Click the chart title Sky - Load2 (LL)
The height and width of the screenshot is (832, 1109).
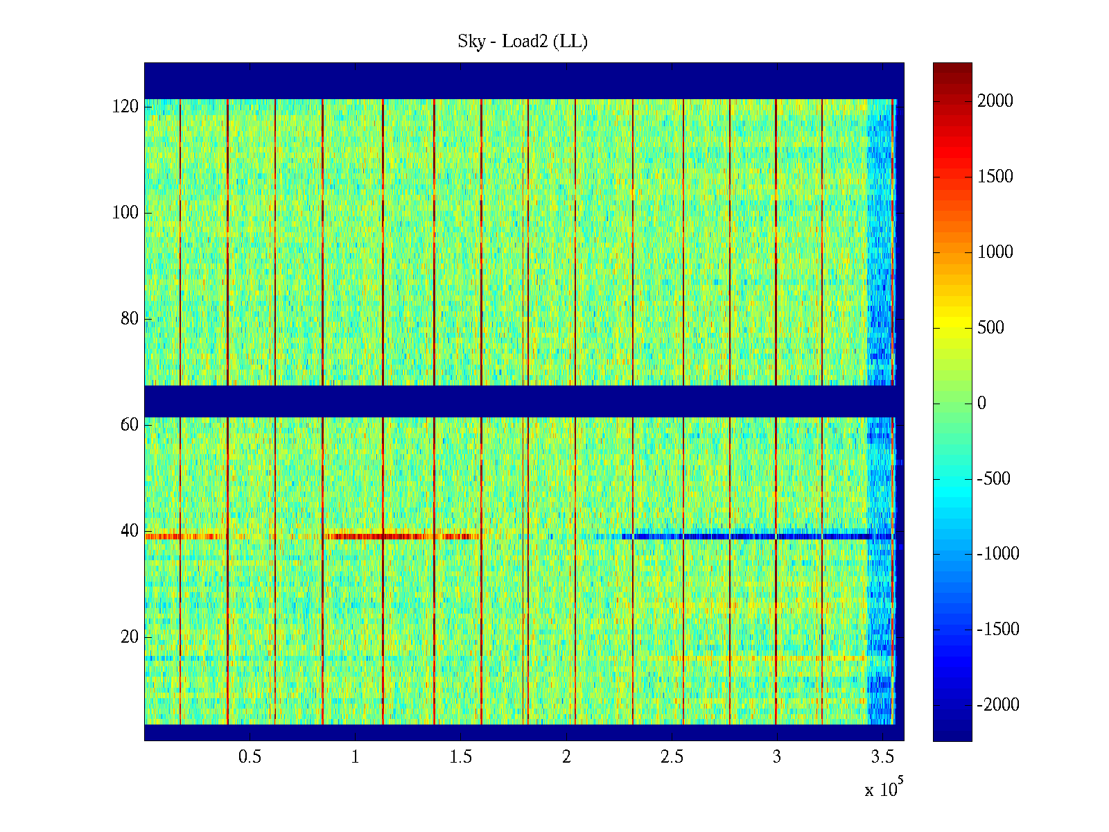pyautogui.click(x=523, y=42)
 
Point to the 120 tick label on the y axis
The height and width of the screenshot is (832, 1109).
pyautogui.click(x=125, y=107)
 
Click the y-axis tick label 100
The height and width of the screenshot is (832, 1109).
pyautogui.click(x=125, y=213)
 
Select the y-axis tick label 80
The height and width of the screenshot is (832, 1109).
pyautogui.click(x=130, y=319)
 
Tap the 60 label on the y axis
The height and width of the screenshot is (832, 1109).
pyautogui.click(x=130, y=425)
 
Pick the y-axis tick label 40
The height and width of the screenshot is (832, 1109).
pyautogui.click(x=130, y=531)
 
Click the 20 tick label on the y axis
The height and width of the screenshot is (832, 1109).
pyautogui.click(x=130, y=637)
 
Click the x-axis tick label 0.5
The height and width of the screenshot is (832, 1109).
pyautogui.click(x=250, y=757)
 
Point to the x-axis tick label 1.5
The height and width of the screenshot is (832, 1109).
pyautogui.click(x=461, y=757)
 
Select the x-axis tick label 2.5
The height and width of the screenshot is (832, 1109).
pyautogui.click(x=672, y=757)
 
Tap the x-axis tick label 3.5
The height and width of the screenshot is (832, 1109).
pyautogui.click(x=882, y=757)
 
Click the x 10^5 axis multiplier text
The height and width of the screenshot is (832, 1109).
pyautogui.click(x=883, y=789)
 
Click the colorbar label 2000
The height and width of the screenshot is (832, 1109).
pyautogui.click(x=995, y=101)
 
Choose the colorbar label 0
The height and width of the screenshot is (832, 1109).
pyautogui.click(x=981, y=404)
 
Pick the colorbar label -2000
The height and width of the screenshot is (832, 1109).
pyautogui.click(x=998, y=705)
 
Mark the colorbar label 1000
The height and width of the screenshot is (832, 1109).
pyautogui.click(x=995, y=252)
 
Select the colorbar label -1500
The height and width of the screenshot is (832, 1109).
pyautogui.click(x=998, y=630)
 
